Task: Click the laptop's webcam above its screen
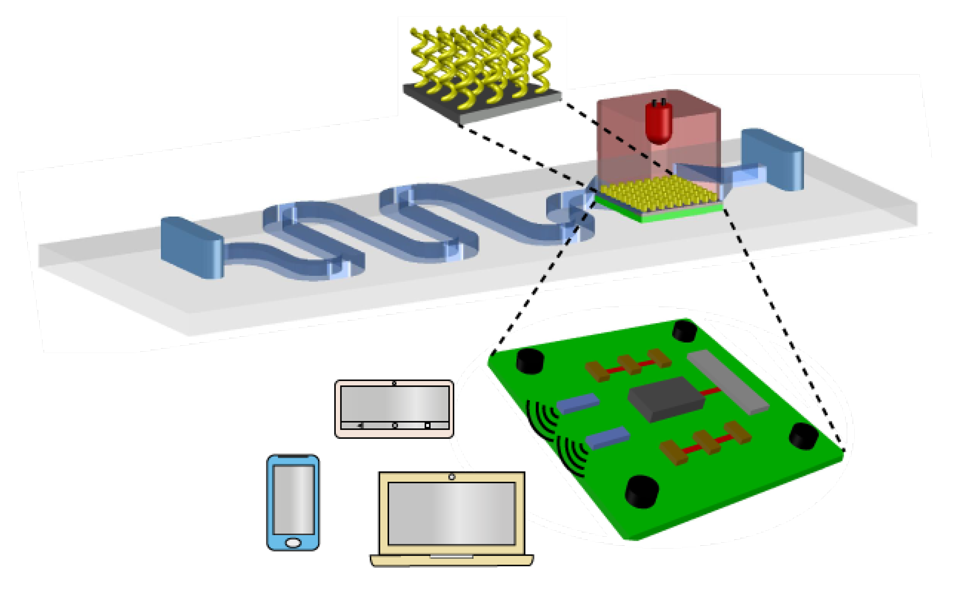pyautogui.click(x=452, y=477)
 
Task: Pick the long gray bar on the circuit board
pyautogui.click(x=728, y=382)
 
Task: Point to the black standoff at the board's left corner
pyautogui.click(x=530, y=361)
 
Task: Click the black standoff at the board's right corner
pyautogui.click(x=803, y=435)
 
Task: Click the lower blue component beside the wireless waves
pyautogui.click(x=607, y=438)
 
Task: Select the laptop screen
pyautogui.click(x=451, y=514)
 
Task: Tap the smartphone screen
pyautogui.click(x=294, y=500)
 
